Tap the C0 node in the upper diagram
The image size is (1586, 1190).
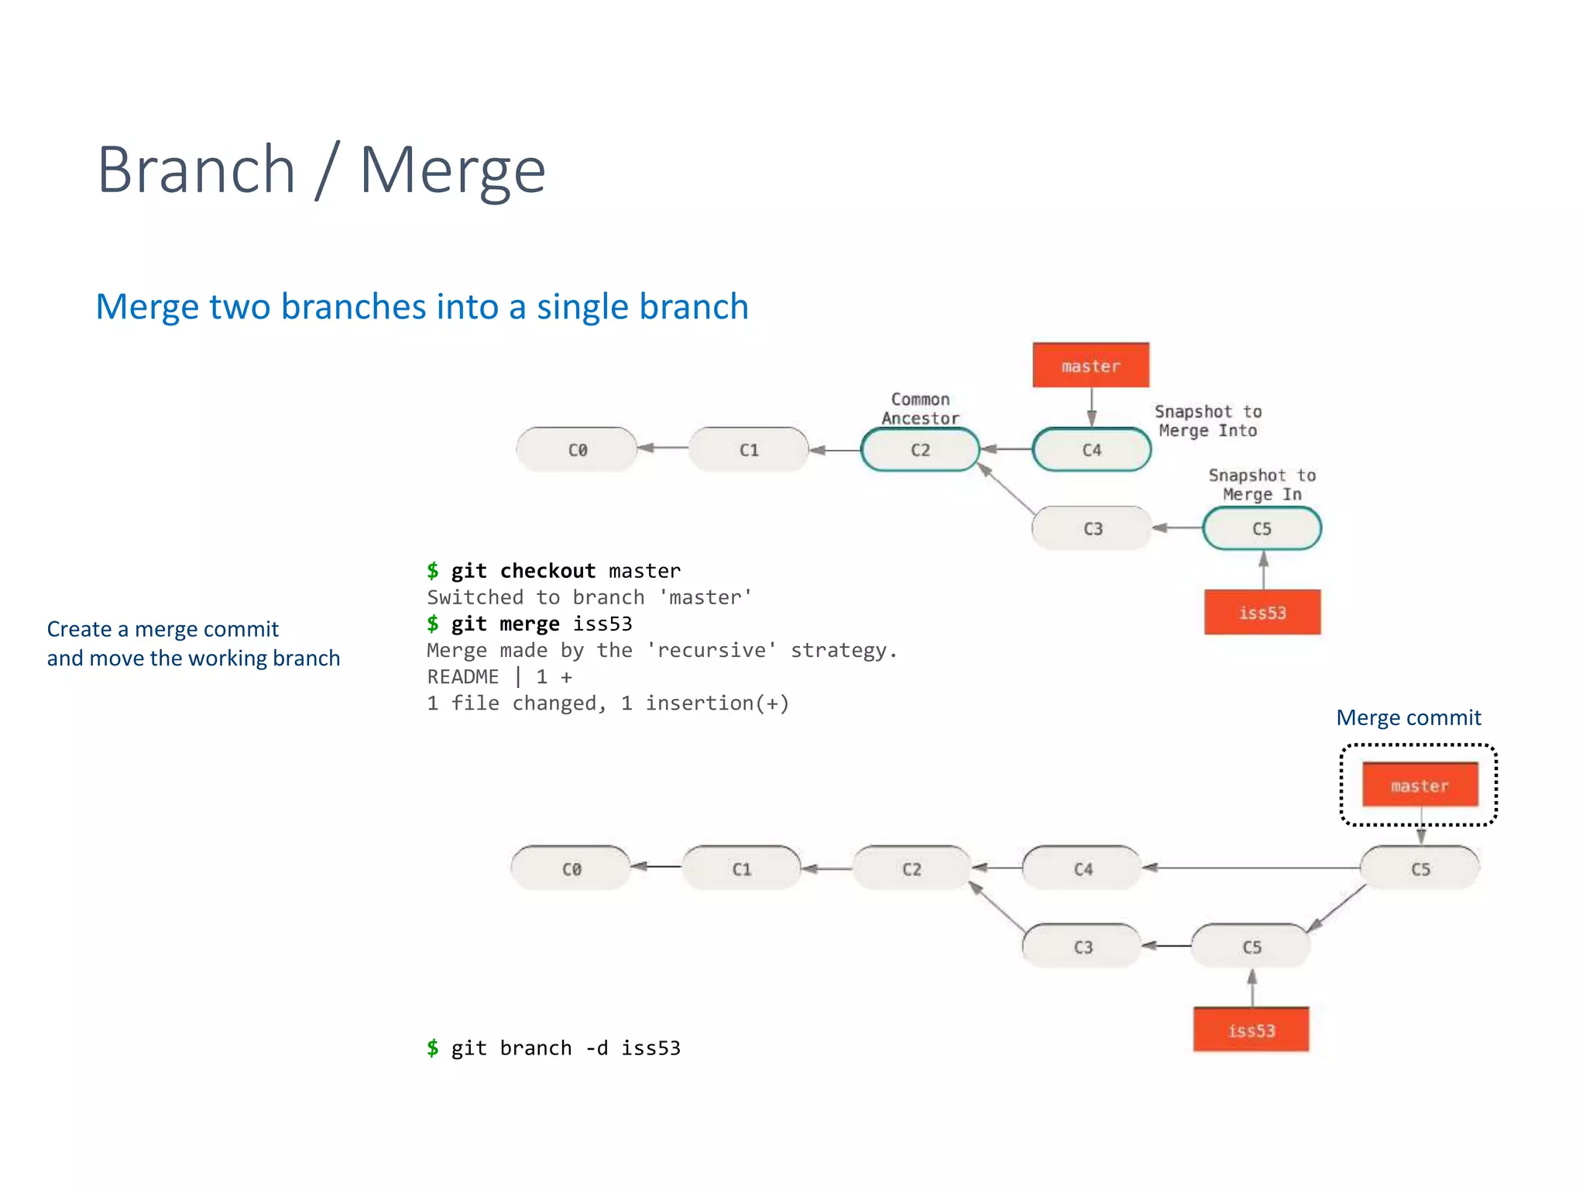577,449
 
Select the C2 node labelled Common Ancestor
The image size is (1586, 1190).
920,449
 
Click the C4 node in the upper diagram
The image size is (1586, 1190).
1091,449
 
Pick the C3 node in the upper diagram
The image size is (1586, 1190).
1092,528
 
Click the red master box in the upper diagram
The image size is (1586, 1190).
1090,366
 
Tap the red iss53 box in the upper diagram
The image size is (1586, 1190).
1262,613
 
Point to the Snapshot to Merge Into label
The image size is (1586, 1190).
1207,421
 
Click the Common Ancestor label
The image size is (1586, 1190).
920,408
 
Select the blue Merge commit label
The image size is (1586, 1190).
1408,717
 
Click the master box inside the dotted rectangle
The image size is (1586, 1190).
1420,786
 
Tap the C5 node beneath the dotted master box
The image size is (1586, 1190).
1420,868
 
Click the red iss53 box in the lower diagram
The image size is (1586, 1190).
1251,1030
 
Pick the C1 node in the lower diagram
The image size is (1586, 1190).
741,868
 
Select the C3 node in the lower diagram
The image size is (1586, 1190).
1082,947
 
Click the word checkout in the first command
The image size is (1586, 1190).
548,571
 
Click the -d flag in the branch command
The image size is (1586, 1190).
596,1048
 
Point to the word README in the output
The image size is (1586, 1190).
462,676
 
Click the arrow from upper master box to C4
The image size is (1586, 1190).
1091,406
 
